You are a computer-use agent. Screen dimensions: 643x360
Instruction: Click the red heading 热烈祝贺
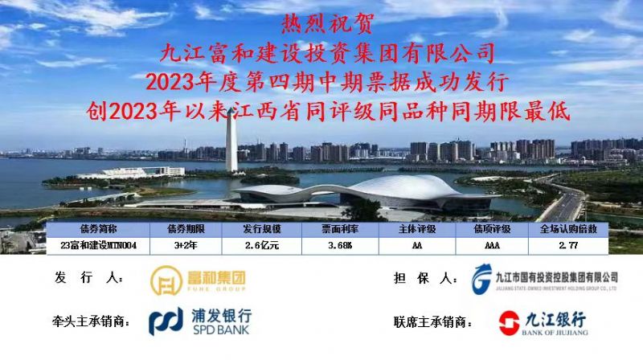click(x=327, y=24)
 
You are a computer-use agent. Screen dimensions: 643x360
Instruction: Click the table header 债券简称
click(x=98, y=229)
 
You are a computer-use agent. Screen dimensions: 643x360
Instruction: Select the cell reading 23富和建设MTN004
click(x=98, y=245)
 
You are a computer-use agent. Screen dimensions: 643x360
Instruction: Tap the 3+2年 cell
click(x=186, y=245)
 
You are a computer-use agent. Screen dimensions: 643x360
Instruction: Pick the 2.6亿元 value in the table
click(x=262, y=245)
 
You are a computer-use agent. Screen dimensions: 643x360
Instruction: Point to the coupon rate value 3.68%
click(x=340, y=245)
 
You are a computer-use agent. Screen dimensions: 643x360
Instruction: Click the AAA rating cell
click(x=492, y=245)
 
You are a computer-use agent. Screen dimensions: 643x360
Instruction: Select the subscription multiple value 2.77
click(x=568, y=245)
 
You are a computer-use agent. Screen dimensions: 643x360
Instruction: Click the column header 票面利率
click(x=340, y=229)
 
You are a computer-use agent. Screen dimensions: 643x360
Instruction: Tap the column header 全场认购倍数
click(x=568, y=229)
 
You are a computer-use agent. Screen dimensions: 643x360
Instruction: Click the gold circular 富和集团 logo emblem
click(x=166, y=280)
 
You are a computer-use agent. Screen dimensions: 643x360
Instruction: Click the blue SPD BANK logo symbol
click(x=166, y=321)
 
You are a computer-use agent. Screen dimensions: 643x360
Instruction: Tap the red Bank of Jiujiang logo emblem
click(x=510, y=323)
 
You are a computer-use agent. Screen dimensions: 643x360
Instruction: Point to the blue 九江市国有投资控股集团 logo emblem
click(x=481, y=279)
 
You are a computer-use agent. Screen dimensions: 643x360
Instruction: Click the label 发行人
click(x=89, y=278)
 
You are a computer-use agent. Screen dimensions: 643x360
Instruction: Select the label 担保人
click(x=426, y=278)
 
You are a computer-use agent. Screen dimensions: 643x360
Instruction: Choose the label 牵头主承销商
click(x=91, y=321)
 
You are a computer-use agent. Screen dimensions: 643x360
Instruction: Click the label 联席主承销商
click(x=432, y=322)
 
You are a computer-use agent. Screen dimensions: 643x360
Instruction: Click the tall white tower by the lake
click(x=231, y=141)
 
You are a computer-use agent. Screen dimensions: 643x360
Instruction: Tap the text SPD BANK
click(x=220, y=329)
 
